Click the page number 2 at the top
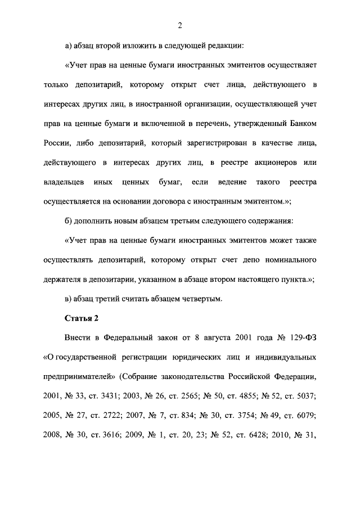pos(180,25)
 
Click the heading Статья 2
pos(82,318)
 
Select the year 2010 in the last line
pos(286,435)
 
